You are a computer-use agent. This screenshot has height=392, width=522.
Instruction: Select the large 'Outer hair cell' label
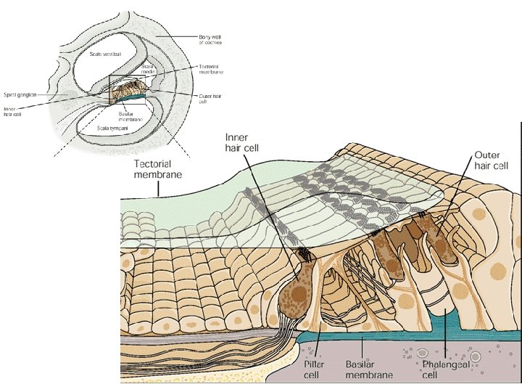pyautogui.click(x=493, y=160)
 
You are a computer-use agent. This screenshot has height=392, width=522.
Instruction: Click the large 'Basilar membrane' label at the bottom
pyautogui.click(x=369, y=369)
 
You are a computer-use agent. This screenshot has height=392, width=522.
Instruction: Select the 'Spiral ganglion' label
pyautogui.click(x=20, y=93)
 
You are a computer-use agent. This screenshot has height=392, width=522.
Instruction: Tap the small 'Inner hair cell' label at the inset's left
pyautogui.click(x=13, y=111)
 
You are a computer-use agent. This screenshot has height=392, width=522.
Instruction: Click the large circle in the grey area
pyautogui.click(x=476, y=357)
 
